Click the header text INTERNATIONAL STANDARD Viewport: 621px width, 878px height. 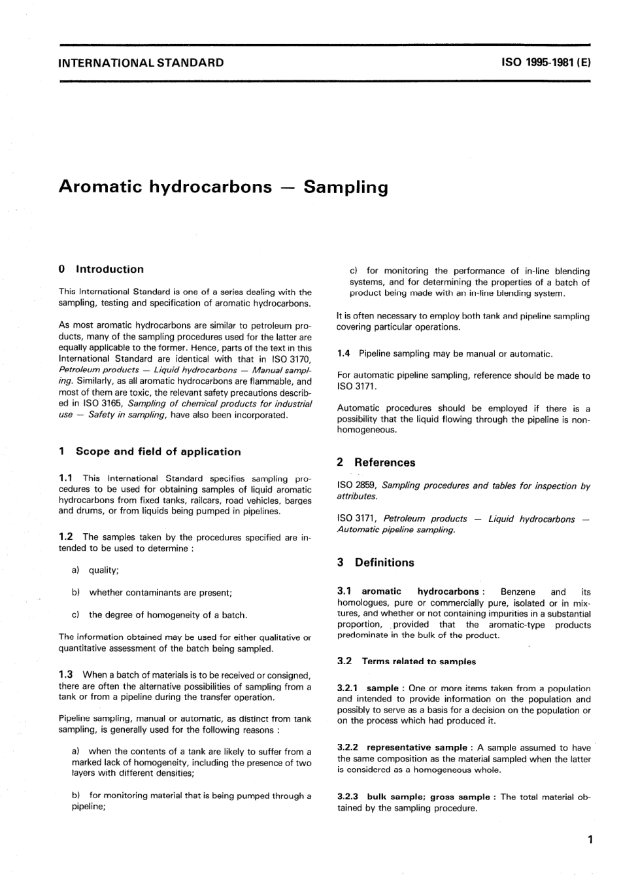pyautogui.click(x=141, y=63)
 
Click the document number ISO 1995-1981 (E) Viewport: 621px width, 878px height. pyautogui.click(x=546, y=63)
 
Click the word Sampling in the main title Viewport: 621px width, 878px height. pyautogui.click(x=346, y=187)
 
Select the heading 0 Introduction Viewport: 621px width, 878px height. pyautogui.click(x=101, y=269)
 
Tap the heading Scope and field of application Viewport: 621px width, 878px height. pyautogui.click(x=158, y=451)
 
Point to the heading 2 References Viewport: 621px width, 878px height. pyautogui.click(x=376, y=463)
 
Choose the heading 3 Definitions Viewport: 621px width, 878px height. pyautogui.click(x=376, y=563)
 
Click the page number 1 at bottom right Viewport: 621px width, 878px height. pyautogui.click(x=590, y=840)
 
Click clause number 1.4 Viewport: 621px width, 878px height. pyautogui.click(x=344, y=354)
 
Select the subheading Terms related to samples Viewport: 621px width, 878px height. pyautogui.click(x=419, y=661)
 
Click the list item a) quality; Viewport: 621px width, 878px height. pyautogui.click(x=96, y=571)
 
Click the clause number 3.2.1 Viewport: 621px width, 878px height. pyautogui.click(x=348, y=688)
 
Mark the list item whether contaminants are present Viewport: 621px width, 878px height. pyautogui.click(x=160, y=593)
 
